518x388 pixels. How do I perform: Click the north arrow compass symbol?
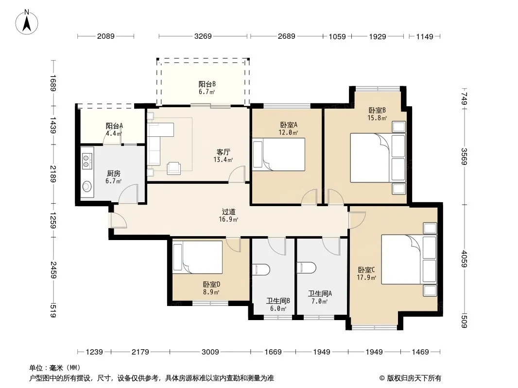[27, 22]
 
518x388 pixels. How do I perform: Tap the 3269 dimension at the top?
[203, 36]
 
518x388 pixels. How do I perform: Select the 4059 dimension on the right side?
[465, 259]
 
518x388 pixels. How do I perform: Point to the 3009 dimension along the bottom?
[210, 352]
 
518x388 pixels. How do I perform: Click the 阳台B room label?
[207, 84]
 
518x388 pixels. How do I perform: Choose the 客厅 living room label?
[224, 152]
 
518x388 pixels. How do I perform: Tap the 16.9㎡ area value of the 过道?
[228, 219]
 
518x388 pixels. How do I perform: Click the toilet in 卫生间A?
[306, 267]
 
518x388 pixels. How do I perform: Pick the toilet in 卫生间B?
[261, 269]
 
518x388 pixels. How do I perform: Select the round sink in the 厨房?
[87, 187]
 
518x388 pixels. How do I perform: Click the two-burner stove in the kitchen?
[86, 161]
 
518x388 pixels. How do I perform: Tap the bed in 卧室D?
[198, 257]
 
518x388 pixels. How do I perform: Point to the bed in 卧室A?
[278, 154]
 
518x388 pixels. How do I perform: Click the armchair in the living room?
[174, 168]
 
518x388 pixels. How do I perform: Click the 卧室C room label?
[366, 270]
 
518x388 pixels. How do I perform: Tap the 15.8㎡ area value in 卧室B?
[377, 118]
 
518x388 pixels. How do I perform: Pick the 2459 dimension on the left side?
[53, 270]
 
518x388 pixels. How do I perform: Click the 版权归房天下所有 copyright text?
[414, 378]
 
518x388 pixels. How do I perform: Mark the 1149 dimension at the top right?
[425, 36]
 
